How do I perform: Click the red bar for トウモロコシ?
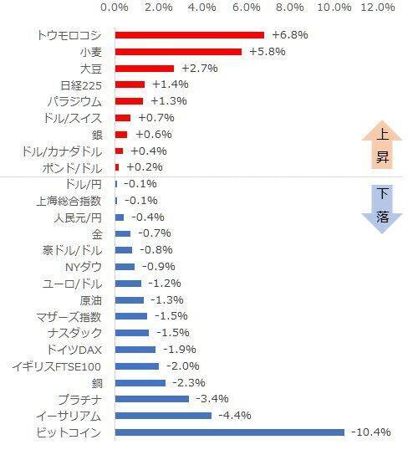(189, 35)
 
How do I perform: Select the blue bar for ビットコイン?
(229, 432)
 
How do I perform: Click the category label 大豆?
(91, 69)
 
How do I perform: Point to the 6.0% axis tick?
(247, 8)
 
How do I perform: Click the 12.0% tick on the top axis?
(377, 8)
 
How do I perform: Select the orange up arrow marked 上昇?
(382, 146)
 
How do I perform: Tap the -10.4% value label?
(370, 432)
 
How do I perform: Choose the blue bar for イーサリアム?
(163, 416)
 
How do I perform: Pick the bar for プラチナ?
(151, 399)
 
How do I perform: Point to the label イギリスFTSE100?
(57, 366)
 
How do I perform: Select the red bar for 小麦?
(178, 52)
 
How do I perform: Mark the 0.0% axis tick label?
(115, 8)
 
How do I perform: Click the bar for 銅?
(140, 383)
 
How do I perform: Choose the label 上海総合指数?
(69, 201)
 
